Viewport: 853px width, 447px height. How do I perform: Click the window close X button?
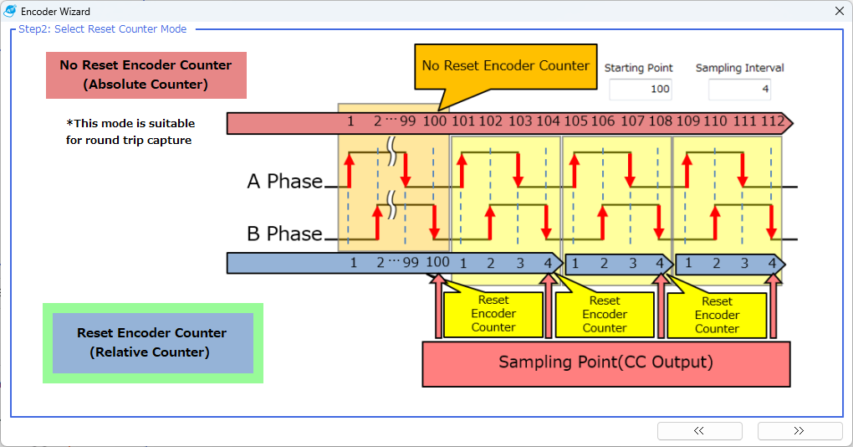[x=840, y=12]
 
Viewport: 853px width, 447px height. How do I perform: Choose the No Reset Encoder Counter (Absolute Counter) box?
[x=146, y=74]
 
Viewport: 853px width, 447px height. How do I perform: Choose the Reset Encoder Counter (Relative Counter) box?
[x=152, y=342]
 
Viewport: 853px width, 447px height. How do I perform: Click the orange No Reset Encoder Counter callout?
[x=505, y=66]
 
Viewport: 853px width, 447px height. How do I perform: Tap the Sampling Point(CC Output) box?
[x=605, y=362]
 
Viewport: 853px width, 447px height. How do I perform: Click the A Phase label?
[x=284, y=182]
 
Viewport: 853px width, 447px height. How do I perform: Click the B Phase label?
[x=284, y=234]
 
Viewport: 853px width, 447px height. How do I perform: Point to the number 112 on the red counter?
[x=772, y=122]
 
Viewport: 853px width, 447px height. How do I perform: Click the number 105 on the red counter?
[x=575, y=122]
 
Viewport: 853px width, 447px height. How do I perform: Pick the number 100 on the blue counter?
[x=437, y=263]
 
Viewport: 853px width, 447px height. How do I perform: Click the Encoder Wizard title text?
[x=55, y=12]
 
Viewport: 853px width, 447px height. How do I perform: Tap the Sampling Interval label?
[x=739, y=68]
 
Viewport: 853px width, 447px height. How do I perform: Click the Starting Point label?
[x=639, y=68]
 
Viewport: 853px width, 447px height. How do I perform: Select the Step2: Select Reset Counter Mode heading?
[x=103, y=29]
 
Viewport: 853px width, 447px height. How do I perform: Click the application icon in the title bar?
[x=10, y=12]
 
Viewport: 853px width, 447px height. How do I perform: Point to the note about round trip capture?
[x=129, y=131]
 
